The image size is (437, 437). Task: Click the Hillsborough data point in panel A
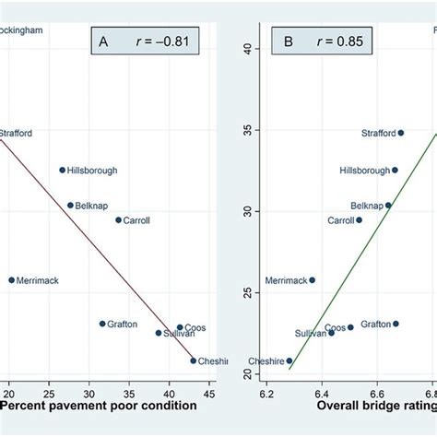click(x=63, y=170)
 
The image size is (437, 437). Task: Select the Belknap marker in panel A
click(x=70, y=206)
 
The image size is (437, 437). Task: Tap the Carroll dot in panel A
click(x=118, y=220)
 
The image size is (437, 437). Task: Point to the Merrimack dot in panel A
click(x=12, y=280)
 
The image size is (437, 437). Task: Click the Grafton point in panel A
click(x=102, y=324)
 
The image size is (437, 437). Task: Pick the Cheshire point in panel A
click(x=194, y=360)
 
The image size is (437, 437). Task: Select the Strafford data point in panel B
click(x=400, y=133)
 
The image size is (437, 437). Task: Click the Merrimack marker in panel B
click(x=312, y=280)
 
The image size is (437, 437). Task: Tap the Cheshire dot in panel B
click(x=289, y=361)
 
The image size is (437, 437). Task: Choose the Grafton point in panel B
click(x=396, y=324)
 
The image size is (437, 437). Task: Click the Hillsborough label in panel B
click(x=364, y=171)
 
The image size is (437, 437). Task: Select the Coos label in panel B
click(x=336, y=327)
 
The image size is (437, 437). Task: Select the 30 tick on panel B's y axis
click(x=246, y=211)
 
